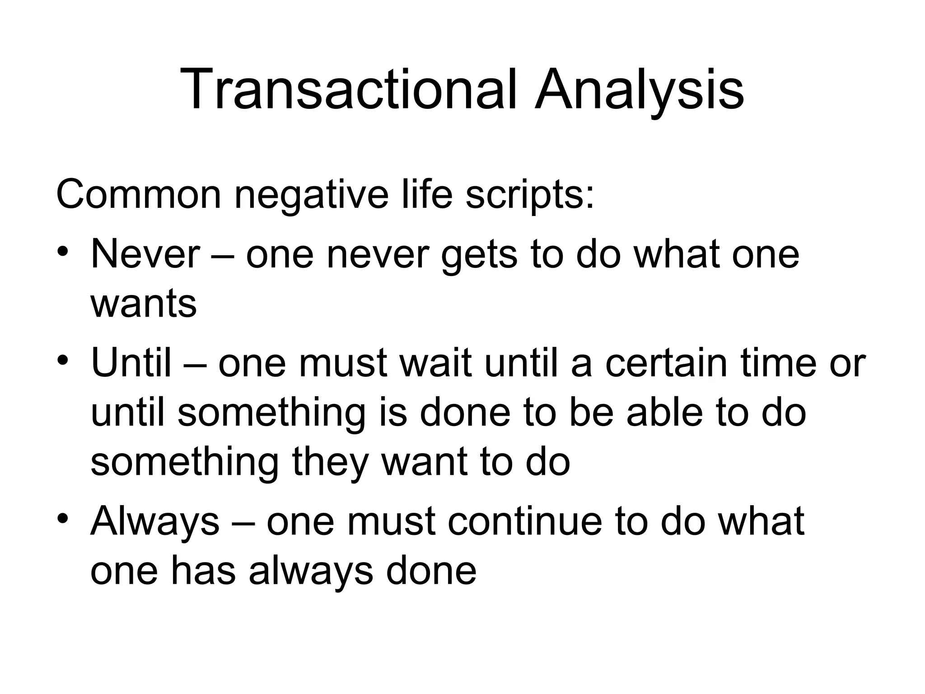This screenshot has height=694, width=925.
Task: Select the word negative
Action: coord(311,195)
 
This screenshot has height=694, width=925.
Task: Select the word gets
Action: coord(479,255)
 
